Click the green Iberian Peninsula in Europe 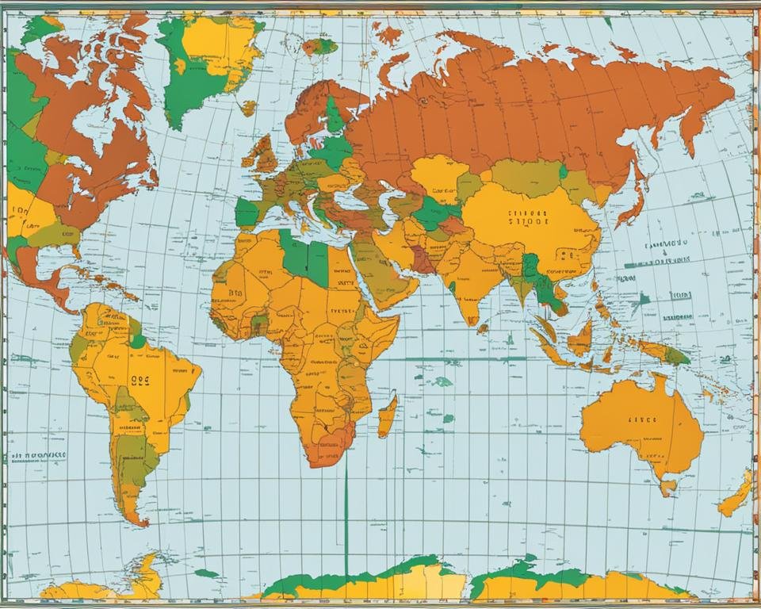(247, 213)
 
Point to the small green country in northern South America (138, 340)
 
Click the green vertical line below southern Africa (346, 515)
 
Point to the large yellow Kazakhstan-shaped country (438, 176)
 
